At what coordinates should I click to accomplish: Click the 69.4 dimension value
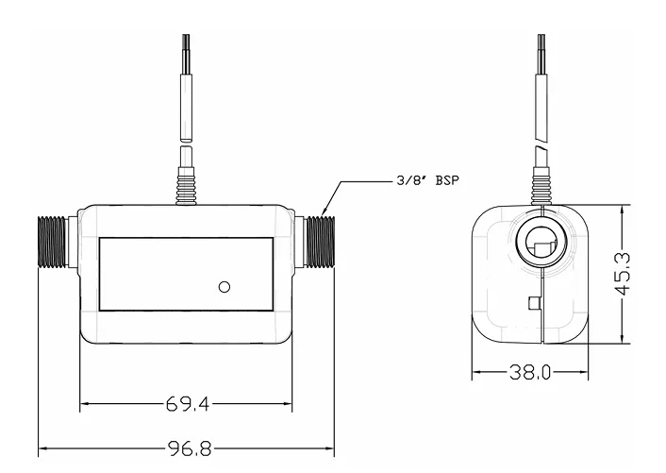184,404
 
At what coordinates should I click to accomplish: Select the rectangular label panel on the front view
186,275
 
